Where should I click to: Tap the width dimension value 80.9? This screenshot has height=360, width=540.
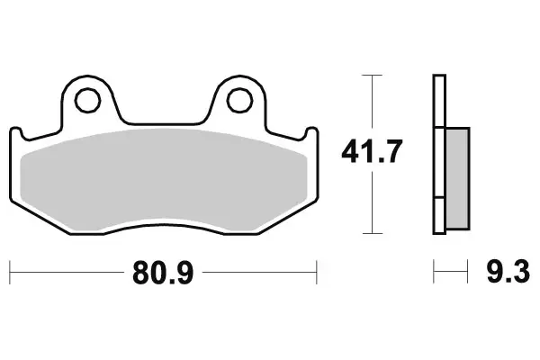click(x=163, y=269)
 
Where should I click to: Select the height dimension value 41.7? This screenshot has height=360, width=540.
click(x=369, y=153)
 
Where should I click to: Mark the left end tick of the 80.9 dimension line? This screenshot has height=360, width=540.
click(x=10, y=269)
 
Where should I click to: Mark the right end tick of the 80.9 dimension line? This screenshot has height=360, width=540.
click(x=317, y=269)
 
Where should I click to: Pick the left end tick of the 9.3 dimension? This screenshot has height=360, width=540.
click(x=434, y=269)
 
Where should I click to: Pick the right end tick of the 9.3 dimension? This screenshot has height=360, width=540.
click(x=469, y=269)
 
